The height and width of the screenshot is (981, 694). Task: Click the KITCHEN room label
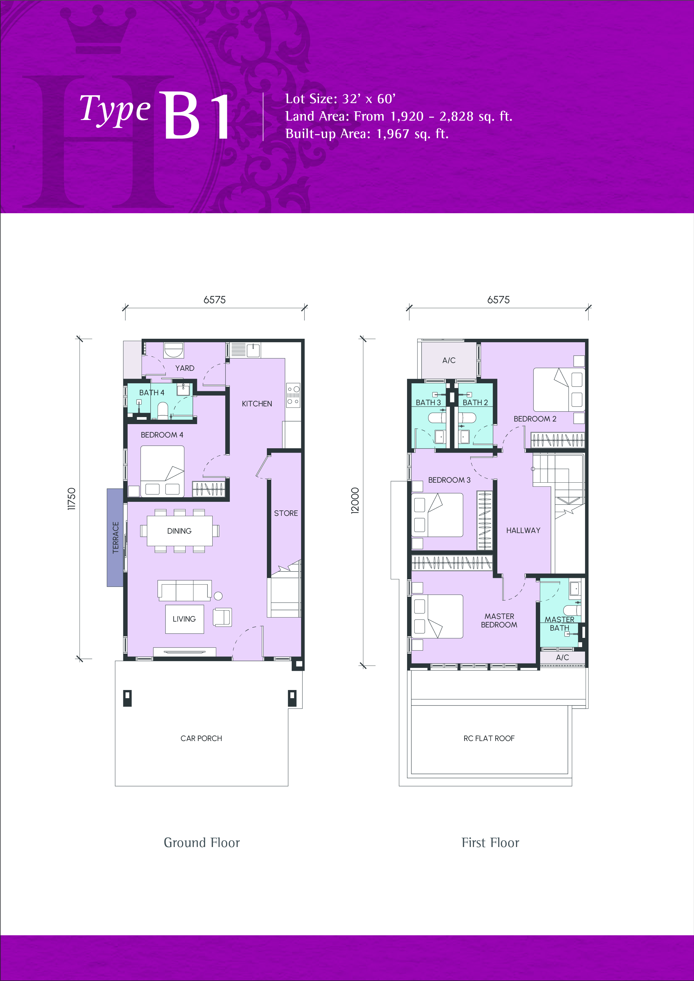point(257,404)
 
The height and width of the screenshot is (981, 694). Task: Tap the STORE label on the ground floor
point(286,513)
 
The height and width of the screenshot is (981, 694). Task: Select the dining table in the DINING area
point(179,531)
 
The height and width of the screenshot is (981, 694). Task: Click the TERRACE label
point(115,537)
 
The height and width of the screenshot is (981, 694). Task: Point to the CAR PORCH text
point(201,738)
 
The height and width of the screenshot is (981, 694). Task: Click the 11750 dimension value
point(71,499)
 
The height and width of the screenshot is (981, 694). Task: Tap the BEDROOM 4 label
point(162,435)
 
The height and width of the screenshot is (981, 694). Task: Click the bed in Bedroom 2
point(559,390)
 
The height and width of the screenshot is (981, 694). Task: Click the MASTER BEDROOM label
point(499,620)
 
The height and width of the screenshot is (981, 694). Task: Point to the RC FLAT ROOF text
point(489,738)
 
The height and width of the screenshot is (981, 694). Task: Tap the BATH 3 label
point(428,403)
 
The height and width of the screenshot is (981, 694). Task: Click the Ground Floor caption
point(202,843)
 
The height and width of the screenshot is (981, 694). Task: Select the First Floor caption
point(490,843)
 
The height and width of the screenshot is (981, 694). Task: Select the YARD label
point(185,368)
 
